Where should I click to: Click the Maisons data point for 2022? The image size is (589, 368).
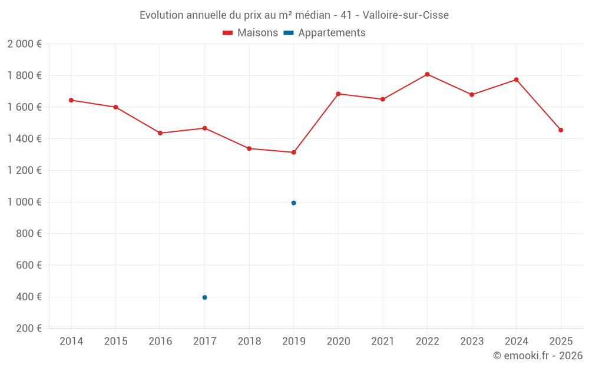[x=427, y=74]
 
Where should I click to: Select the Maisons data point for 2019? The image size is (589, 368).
[x=293, y=152]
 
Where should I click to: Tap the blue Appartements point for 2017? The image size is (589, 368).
[x=204, y=297]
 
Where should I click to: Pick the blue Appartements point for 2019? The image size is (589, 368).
[x=293, y=203]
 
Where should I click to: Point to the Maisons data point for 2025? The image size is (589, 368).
[x=561, y=130]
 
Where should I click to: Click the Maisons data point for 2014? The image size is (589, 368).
[x=71, y=100]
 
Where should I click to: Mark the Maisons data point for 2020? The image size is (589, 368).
[x=338, y=94]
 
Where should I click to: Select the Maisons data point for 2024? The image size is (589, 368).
[x=516, y=79]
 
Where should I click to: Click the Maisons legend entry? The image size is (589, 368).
[x=250, y=33]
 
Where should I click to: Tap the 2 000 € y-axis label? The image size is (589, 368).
[x=24, y=44]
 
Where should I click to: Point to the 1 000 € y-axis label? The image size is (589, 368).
[x=24, y=202]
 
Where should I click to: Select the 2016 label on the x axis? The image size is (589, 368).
[x=160, y=342]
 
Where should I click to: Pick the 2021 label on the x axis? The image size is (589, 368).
[x=382, y=342]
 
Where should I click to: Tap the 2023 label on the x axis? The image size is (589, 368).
[x=471, y=342]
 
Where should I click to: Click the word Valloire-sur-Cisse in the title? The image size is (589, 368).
[x=406, y=15]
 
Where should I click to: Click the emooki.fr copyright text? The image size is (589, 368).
[x=537, y=356]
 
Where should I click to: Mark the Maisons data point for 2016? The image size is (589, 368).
[x=160, y=133]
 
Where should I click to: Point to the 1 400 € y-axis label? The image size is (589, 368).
[x=24, y=139]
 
